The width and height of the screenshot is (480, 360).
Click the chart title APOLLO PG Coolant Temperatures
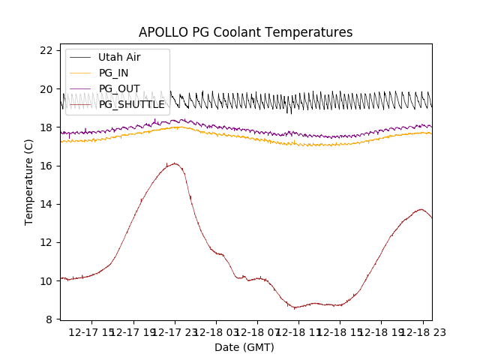point(245,32)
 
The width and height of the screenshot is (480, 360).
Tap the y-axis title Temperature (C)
point(29,182)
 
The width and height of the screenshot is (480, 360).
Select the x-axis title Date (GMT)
point(244,347)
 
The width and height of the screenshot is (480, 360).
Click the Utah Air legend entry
point(118,57)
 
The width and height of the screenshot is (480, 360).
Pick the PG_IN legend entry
point(113,73)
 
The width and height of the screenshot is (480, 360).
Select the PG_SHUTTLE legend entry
point(131,104)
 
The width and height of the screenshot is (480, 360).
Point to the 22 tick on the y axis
point(46,50)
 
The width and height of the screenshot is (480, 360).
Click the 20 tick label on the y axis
point(46,88)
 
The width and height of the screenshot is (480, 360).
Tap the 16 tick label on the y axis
point(46,166)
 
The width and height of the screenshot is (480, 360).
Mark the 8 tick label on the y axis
point(49,319)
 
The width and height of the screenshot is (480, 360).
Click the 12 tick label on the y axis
point(46,242)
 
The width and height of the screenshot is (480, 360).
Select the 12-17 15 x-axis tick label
point(91,332)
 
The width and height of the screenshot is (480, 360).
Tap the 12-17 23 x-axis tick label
point(174,332)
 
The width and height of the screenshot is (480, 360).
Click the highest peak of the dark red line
point(174,163)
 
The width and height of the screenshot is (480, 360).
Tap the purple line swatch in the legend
point(80,88)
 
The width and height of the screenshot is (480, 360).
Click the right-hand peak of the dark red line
point(421,209)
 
